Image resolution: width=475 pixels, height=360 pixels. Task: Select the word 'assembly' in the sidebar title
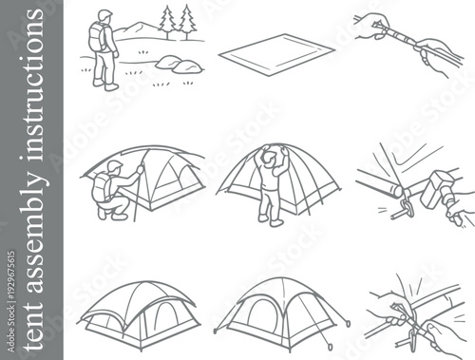(31, 227)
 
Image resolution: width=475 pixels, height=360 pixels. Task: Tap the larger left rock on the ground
(170, 63)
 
